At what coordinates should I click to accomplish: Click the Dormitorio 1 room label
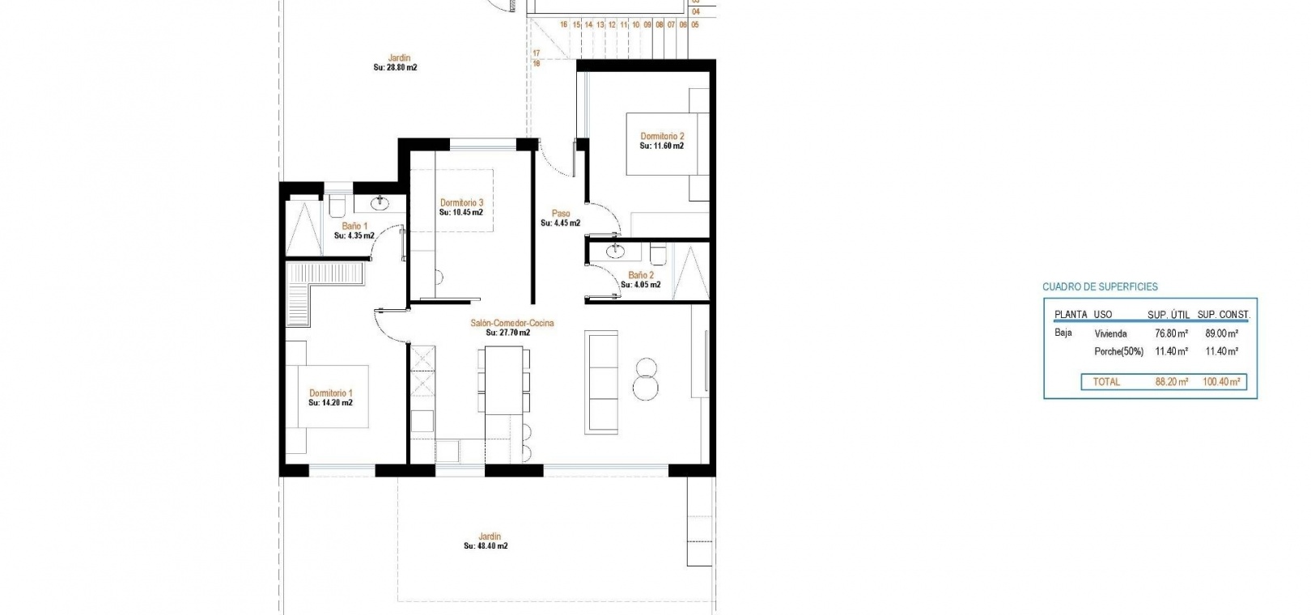(x=331, y=393)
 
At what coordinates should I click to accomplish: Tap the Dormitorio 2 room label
(x=662, y=136)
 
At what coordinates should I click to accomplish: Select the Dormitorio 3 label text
(x=461, y=203)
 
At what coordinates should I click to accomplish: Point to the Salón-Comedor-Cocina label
(x=512, y=323)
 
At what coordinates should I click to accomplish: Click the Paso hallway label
(x=561, y=214)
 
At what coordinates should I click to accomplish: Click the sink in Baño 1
(x=380, y=204)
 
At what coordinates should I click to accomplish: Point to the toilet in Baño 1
(x=337, y=205)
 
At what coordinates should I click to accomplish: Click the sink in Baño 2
(x=615, y=251)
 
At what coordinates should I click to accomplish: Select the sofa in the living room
(x=601, y=383)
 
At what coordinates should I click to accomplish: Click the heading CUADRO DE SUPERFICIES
(x=1100, y=286)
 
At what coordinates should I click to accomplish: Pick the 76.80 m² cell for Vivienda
(x=1171, y=333)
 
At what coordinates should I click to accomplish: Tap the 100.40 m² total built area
(x=1221, y=381)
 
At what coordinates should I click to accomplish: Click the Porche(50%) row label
(x=1118, y=352)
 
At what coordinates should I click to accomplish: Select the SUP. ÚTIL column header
(x=1169, y=315)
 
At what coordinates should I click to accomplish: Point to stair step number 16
(x=563, y=24)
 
